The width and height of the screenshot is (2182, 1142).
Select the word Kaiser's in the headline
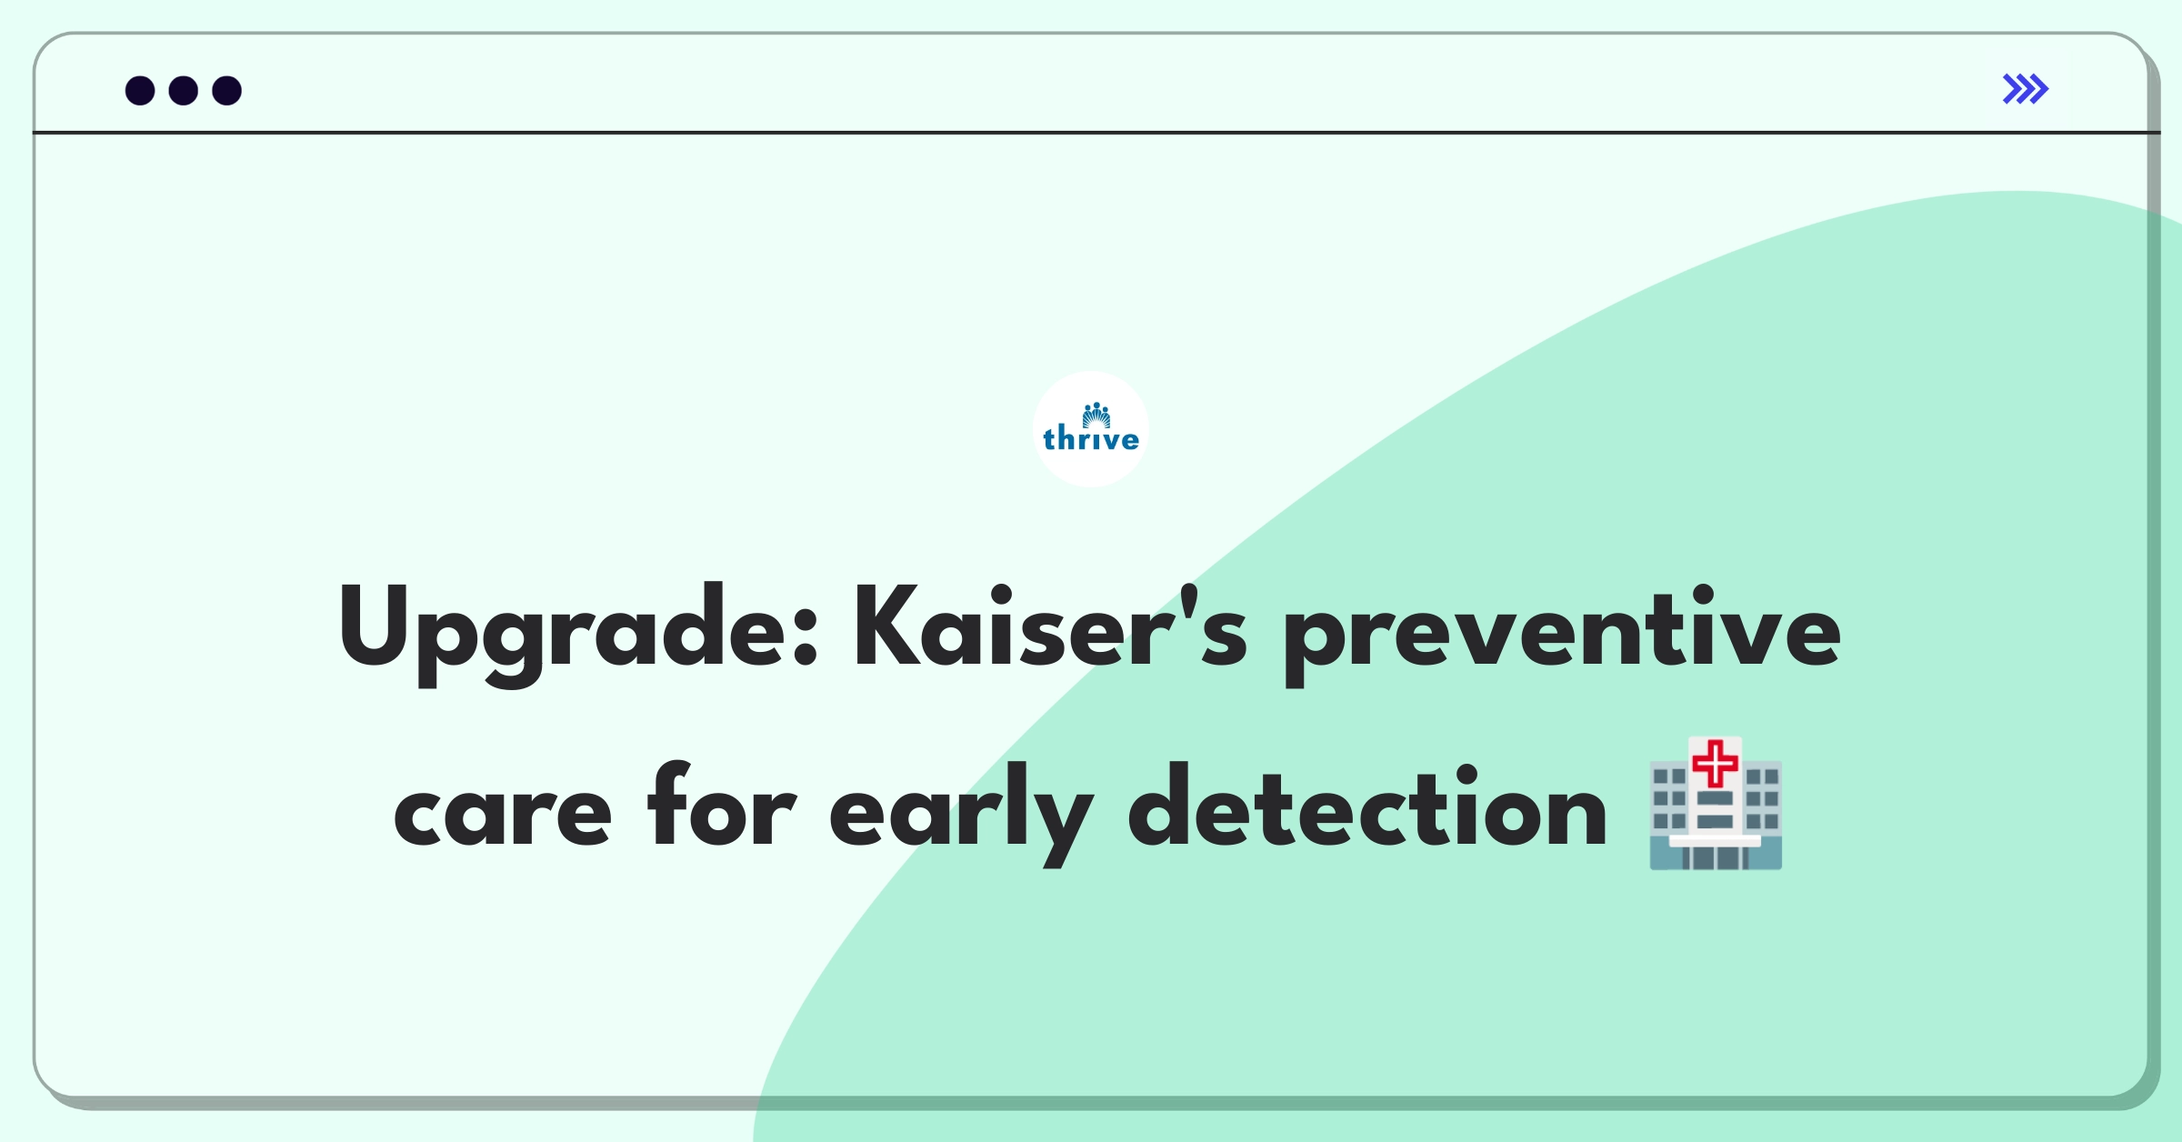point(1049,627)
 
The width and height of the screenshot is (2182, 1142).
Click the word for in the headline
point(721,805)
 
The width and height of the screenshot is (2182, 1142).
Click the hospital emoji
point(1716,804)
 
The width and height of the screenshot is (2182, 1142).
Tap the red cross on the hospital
point(1716,763)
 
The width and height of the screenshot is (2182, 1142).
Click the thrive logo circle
point(1091,429)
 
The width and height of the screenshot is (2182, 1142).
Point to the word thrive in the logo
point(1091,440)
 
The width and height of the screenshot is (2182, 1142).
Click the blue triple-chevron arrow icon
point(2025,89)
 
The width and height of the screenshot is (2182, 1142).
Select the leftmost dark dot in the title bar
point(140,91)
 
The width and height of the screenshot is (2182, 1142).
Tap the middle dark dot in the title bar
point(184,91)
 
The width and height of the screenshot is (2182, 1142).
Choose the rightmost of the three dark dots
point(227,91)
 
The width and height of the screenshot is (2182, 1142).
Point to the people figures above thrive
point(1096,415)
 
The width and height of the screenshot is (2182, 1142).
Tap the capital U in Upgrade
point(373,626)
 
